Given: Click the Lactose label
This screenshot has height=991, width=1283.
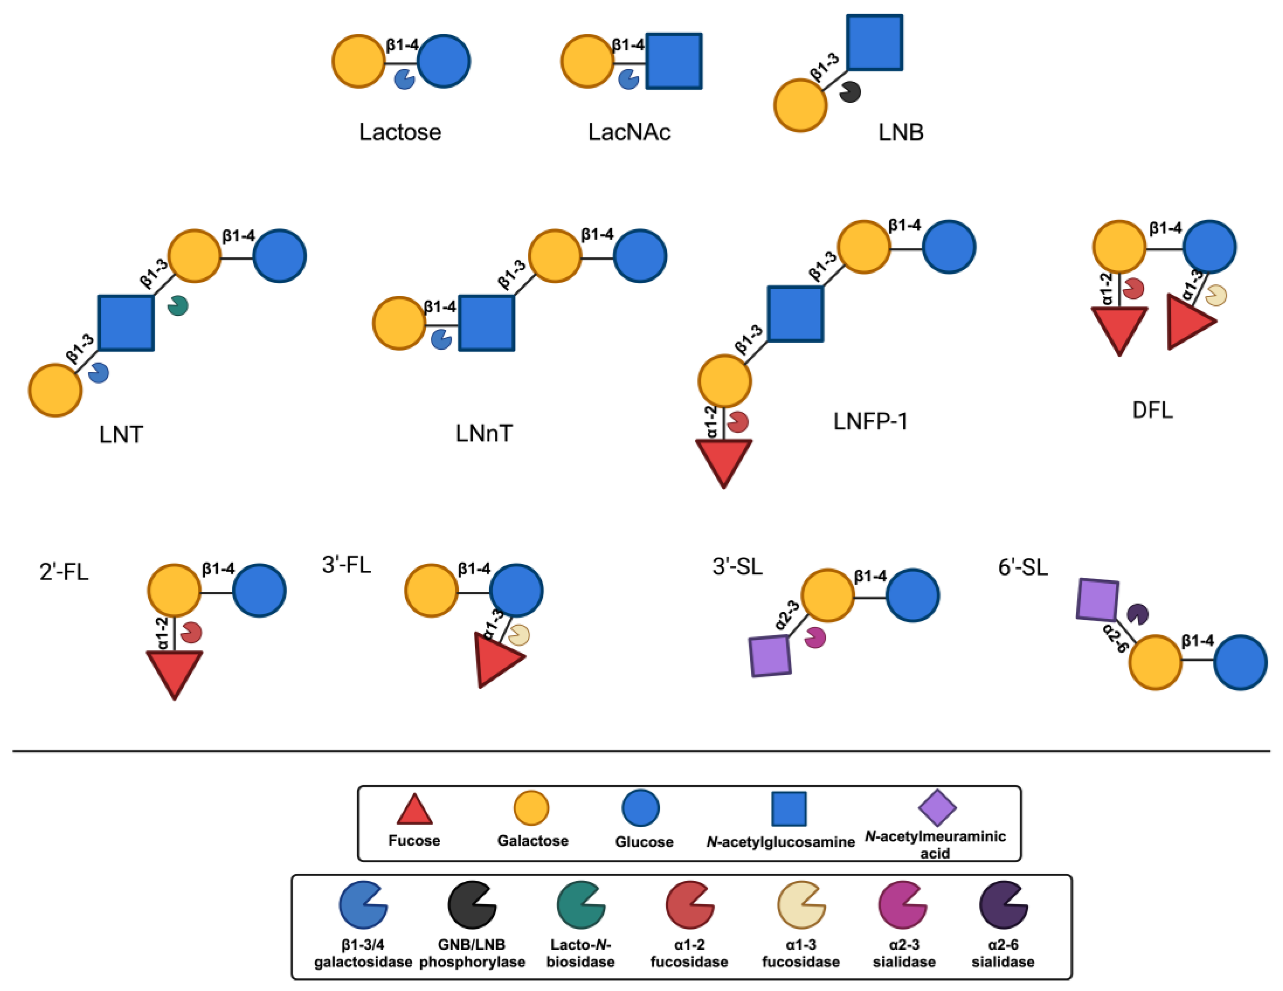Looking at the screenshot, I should [400, 132].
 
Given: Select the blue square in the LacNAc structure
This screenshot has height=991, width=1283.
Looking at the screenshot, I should [674, 61].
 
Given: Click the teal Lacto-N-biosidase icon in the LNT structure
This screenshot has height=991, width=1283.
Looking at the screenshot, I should [177, 305].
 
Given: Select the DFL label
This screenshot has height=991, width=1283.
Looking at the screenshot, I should [1152, 410].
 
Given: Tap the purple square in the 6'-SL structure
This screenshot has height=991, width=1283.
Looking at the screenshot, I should [1097, 600].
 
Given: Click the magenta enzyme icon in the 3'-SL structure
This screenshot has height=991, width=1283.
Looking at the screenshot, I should [815, 637].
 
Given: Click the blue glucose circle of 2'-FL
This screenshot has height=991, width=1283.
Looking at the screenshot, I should [259, 590].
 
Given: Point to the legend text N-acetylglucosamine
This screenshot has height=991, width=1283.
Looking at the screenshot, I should [780, 842].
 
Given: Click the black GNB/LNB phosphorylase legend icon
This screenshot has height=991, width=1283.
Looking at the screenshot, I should [472, 905].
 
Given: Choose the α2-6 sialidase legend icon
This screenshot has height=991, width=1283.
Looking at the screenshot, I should [1003, 905].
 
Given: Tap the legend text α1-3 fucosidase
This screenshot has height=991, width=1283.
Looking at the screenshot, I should [801, 953].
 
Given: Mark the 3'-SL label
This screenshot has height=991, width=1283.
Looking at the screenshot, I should [737, 567].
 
